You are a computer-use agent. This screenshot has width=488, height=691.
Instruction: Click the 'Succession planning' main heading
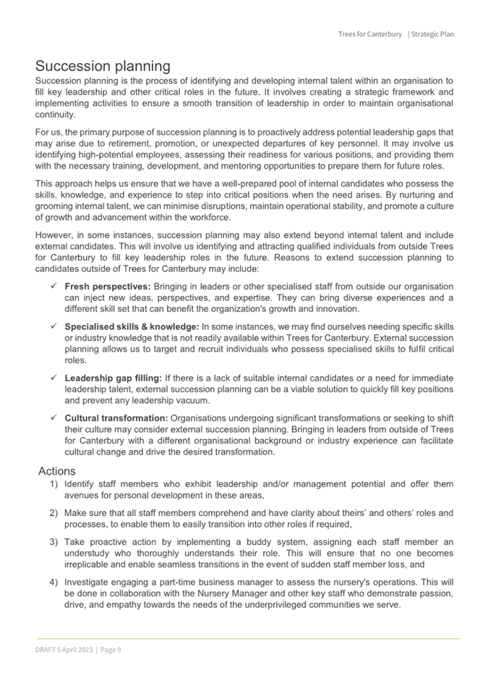[x=103, y=66]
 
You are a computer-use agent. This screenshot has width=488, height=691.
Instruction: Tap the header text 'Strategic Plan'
[x=432, y=34]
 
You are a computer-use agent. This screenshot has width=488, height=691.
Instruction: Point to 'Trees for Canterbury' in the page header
[x=369, y=34]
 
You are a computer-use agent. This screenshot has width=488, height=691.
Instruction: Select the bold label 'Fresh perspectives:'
[x=105, y=286]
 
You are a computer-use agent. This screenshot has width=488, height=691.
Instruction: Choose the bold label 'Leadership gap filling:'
[x=114, y=378]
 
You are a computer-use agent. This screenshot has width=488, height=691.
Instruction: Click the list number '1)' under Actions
[x=53, y=484]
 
